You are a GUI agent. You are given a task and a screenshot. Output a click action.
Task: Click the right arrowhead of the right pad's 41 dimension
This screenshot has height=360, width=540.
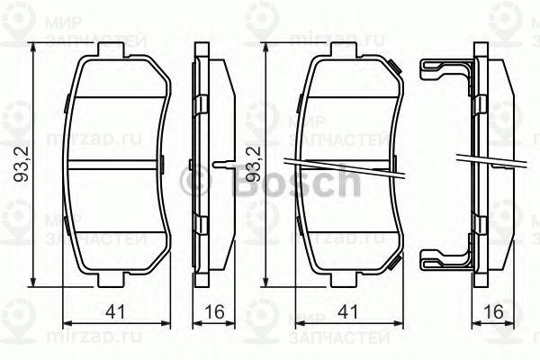click(x=400, y=323)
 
